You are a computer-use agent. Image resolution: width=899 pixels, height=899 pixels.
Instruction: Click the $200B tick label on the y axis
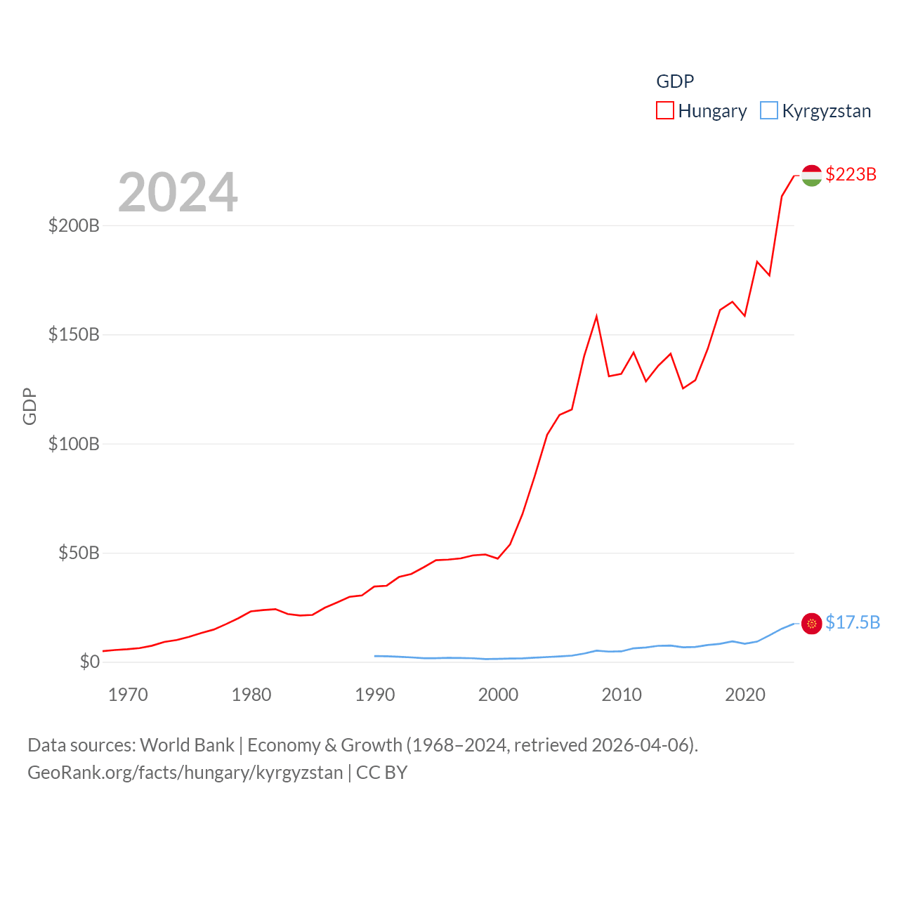pos(74,225)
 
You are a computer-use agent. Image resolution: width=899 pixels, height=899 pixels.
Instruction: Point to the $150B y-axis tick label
pos(74,334)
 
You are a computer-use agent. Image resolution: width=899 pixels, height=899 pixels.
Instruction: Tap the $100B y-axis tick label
pos(74,444)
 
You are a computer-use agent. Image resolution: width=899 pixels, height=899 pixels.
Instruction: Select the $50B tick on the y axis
pos(79,553)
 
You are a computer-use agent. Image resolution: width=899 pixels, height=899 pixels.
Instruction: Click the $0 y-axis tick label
pos(90,662)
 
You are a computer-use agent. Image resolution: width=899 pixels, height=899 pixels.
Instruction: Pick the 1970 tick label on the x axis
pos(128,695)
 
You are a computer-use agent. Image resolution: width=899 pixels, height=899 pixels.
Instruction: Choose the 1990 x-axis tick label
pos(375,695)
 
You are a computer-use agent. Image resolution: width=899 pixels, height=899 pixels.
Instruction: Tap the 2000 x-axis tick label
pos(498,695)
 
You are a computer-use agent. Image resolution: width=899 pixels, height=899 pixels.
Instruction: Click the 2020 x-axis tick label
pos(745,695)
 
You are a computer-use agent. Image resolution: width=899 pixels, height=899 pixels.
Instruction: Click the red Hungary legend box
pos(664,111)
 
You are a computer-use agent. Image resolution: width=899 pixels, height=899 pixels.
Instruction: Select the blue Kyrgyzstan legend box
pos(769,111)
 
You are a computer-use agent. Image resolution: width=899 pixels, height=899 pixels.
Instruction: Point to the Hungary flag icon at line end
pos(811,175)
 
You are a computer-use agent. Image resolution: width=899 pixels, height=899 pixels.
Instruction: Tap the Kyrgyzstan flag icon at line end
pos(811,623)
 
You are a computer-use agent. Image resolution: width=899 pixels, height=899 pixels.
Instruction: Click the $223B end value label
pos(851,174)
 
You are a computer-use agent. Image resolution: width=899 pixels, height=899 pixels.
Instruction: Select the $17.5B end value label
pos(853,622)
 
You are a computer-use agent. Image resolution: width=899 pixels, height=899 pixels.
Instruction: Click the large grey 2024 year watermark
pos(178,192)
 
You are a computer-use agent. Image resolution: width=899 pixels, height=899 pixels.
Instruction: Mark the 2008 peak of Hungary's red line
pos(596,317)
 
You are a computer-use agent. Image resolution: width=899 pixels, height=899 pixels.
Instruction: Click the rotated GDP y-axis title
pos(29,406)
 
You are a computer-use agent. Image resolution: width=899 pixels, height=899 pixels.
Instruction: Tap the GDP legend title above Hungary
pos(675,81)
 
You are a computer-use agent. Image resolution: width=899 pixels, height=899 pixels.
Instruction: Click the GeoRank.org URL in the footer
pos(185,773)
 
